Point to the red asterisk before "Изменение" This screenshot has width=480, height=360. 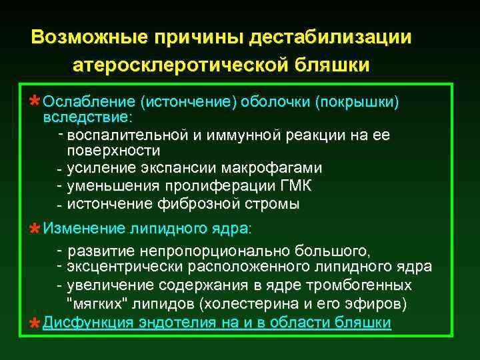point(34,230)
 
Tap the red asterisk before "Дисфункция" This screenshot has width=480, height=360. point(34,324)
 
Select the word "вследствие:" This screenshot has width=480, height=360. point(87,118)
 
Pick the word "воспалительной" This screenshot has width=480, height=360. point(125,135)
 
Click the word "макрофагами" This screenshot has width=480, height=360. point(273,167)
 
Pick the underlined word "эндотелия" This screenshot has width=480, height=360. point(169,323)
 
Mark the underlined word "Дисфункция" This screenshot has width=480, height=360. point(84,323)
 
